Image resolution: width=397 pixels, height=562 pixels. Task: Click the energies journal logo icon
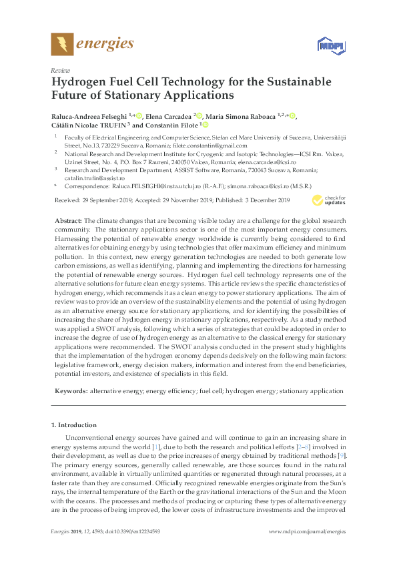[x=62, y=45]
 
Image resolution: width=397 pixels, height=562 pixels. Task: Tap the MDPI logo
[x=325, y=45]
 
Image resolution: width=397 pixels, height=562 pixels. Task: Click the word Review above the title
[x=59, y=69]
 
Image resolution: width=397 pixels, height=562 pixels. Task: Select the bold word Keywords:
[x=70, y=389]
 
